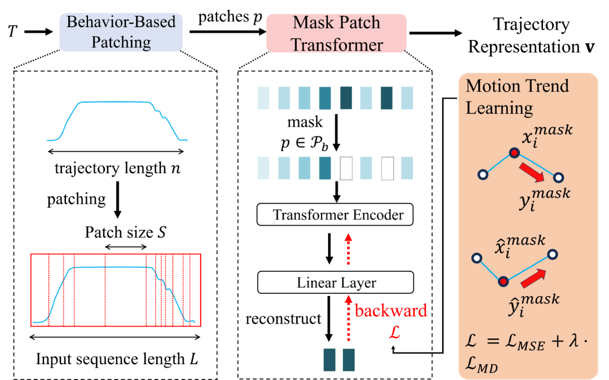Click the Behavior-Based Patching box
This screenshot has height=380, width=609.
pyautogui.click(x=121, y=32)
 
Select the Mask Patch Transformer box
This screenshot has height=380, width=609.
pyautogui.click(x=336, y=33)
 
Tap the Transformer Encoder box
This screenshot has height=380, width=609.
pyautogui.click(x=335, y=215)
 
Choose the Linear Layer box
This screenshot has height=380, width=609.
pyautogui.click(x=336, y=282)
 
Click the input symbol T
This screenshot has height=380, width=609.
pyautogui.click(x=12, y=32)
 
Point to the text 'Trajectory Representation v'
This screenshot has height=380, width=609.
pyautogui.click(x=531, y=36)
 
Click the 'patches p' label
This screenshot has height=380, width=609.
pyautogui.click(x=230, y=17)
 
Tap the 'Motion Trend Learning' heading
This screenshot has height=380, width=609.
pyautogui.click(x=517, y=96)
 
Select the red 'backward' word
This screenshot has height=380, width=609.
pyautogui.click(x=391, y=311)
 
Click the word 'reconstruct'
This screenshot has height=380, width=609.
pyautogui.click(x=283, y=319)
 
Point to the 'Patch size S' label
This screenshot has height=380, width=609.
pyautogui.click(x=125, y=232)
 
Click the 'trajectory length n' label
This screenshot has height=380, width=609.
pyautogui.click(x=117, y=169)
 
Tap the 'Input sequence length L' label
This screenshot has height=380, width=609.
pyautogui.click(x=117, y=359)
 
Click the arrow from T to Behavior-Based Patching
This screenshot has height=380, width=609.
pyautogui.click(x=38, y=32)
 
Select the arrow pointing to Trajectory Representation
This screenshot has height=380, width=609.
pyautogui.click(x=436, y=33)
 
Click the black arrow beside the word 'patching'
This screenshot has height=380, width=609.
pyautogui.click(x=117, y=200)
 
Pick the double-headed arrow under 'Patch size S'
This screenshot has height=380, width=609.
pyautogui.click(x=126, y=247)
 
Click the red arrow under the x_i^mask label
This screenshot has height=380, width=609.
pyautogui.click(x=532, y=172)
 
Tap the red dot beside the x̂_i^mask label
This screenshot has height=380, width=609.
pyautogui.click(x=503, y=281)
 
